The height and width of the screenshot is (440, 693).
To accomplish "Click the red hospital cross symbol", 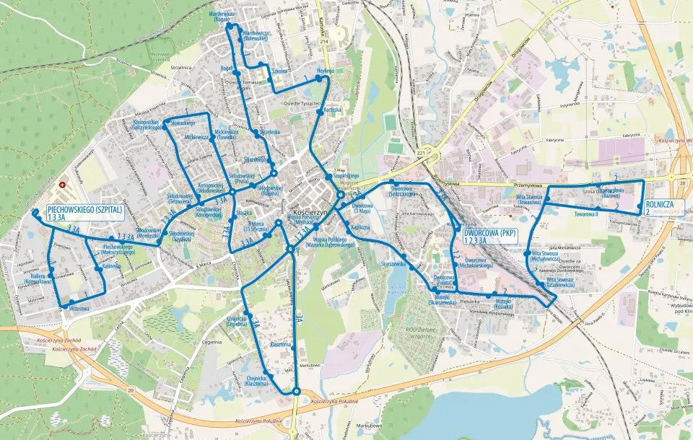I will pos(63,185).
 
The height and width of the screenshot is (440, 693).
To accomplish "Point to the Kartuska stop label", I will pos(332,110).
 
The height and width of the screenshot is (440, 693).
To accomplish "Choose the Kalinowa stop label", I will pos(111,265).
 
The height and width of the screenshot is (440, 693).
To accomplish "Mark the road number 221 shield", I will pos(422,153).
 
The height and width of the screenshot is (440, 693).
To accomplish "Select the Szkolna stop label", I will pos(279,71).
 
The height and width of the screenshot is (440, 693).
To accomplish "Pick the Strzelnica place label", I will pos(180,67).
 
